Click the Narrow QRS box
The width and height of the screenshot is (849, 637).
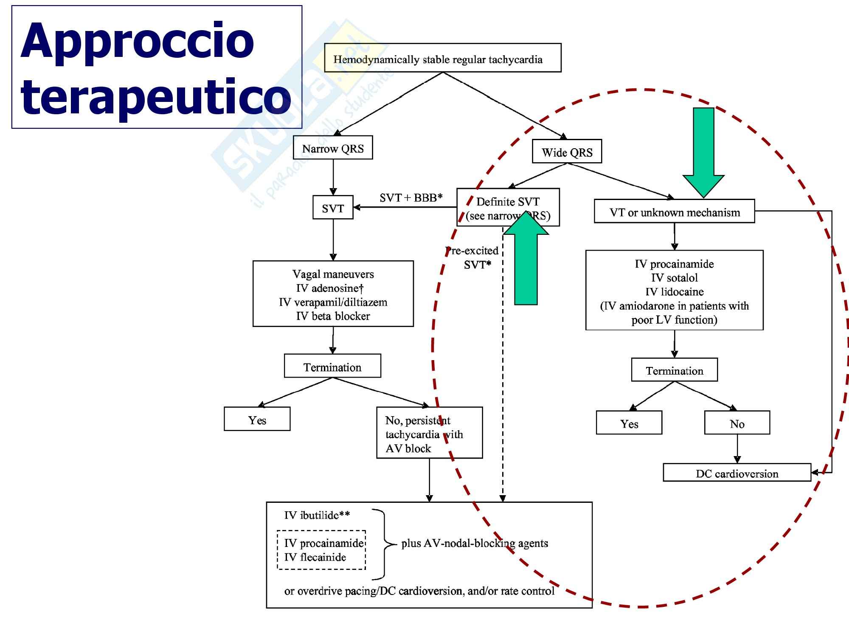point(333,148)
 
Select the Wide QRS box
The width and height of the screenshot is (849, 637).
point(567,152)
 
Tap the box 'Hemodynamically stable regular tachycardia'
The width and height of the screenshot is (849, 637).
point(442,58)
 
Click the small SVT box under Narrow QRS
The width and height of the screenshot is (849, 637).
point(333,208)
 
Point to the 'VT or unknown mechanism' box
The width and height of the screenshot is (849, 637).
point(674,211)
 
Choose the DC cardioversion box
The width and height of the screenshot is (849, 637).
point(737,473)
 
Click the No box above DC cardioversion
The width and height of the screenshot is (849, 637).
point(737,423)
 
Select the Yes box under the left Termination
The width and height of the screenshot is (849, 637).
point(257,420)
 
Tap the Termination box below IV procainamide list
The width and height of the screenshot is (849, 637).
point(674,370)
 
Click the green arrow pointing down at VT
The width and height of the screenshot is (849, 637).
point(703,153)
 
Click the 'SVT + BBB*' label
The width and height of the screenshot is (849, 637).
point(411,197)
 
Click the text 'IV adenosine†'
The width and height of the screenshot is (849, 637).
point(330,288)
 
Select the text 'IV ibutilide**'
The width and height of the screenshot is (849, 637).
point(317,515)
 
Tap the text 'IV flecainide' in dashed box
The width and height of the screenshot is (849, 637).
point(315,557)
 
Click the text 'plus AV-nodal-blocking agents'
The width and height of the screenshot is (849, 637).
point(475,543)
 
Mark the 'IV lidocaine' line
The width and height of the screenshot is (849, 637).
point(674,292)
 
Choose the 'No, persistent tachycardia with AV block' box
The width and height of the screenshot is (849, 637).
point(429,433)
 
